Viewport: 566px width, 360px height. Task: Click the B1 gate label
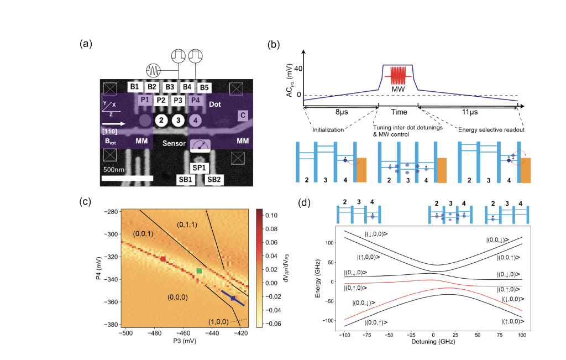point(134,87)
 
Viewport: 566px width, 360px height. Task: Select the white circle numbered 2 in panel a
point(161,121)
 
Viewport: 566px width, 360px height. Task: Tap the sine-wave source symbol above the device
point(153,71)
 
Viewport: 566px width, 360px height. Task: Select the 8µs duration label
point(340,111)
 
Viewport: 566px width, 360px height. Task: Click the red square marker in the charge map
point(163,258)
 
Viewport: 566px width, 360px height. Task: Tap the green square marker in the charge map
point(200,270)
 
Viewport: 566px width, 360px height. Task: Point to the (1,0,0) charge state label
point(218,322)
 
